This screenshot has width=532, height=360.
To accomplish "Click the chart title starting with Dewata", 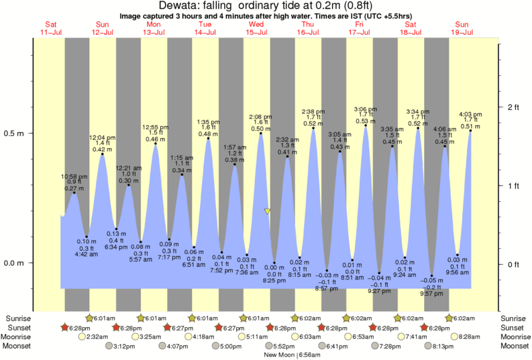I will pyautogui.click(x=266, y=6).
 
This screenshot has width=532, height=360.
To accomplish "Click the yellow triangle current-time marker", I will pyautogui.click(x=268, y=212).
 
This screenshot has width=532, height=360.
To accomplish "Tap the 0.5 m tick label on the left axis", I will pyautogui.click(x=15, y=133).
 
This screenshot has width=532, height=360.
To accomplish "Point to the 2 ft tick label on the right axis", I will pyautogui.click(x=515, y=107).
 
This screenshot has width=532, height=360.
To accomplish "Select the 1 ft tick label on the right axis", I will pyautogui.click(x=515, y=186).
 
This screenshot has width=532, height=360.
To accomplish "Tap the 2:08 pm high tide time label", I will pyautogui.click(x=260, y=117).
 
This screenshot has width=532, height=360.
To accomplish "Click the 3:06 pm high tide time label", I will pyautogui.click(x=366, y=109).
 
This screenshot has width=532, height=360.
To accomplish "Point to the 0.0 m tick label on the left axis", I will pyautogui.click(x=15, y=263).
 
